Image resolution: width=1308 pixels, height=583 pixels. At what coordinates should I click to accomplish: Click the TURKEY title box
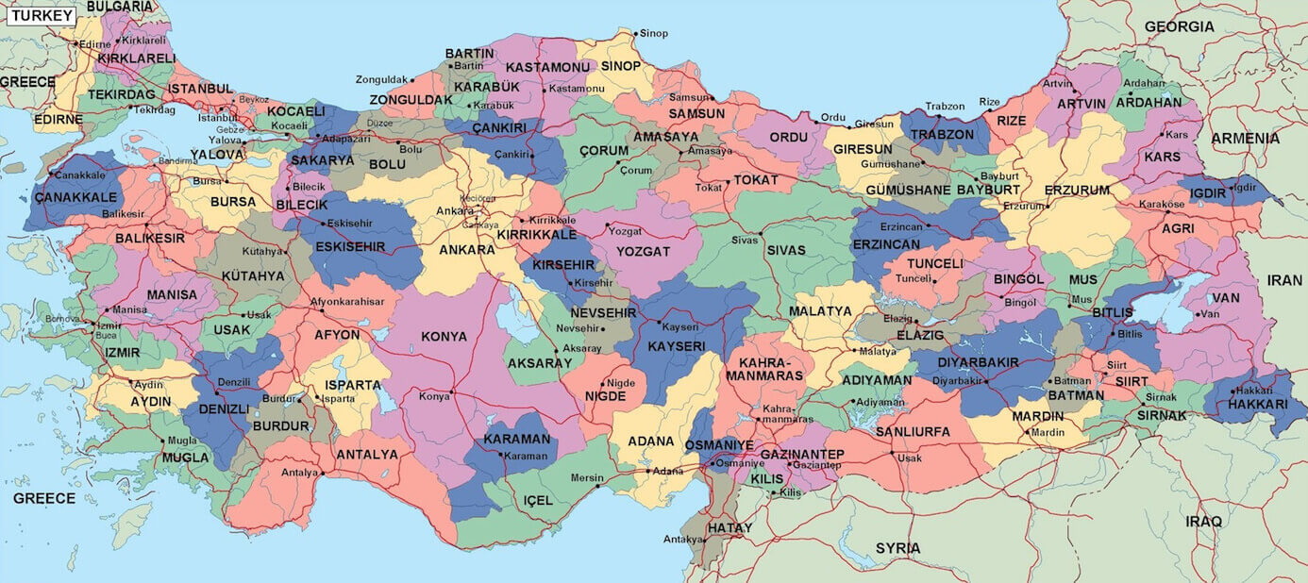pyautogui.click(x=42, y=15)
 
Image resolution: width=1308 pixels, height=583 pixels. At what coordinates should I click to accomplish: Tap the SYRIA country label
pyautogui.click(x=897, y=548)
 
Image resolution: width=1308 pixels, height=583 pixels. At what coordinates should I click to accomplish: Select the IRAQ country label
pyautogui.click(x=1204, y=521)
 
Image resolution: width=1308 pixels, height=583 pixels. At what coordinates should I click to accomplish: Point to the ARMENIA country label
pyautogui.click(x=1245, y=138)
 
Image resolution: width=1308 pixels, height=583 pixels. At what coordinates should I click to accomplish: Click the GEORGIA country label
pyautogui.click(x=1179, y=26)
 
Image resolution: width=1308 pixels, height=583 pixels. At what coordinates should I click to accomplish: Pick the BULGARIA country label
pyautogui.click(x=119, y=7)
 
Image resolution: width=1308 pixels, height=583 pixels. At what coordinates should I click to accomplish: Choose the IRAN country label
pyautogui.click(x=1283, y=280)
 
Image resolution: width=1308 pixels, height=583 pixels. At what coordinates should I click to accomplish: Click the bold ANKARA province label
pyautogui.click(x=466, y=250)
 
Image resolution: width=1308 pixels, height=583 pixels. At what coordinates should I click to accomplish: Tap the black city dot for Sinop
pyautogui.click(x=635, y=34)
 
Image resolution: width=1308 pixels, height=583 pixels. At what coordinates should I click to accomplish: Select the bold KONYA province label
pyautogui.click(x=444, y=336)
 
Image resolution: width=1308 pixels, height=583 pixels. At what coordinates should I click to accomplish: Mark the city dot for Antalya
pyautogui.click(x=322, y=473)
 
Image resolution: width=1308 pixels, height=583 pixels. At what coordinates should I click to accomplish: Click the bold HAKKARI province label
pyautogui.click(x=1257, y=404)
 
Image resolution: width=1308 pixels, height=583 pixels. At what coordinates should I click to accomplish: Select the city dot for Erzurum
pyautogui.click(x=1047, y=206)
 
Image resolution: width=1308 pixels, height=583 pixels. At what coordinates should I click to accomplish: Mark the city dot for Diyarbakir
pyautogui.click(x=986, y=381)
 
